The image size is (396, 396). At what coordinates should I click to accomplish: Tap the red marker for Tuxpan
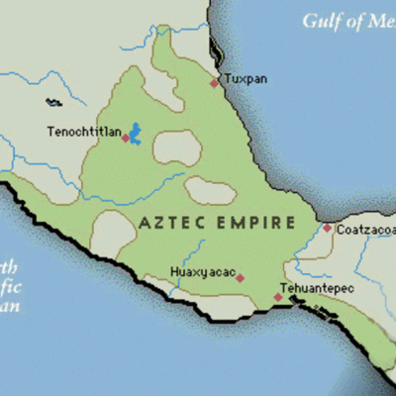(214, 83)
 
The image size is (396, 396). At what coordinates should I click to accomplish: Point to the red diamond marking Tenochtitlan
(125, 138)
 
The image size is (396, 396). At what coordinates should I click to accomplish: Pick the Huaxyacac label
(202, 272)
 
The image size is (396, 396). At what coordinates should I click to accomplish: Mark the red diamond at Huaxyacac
(240, 278)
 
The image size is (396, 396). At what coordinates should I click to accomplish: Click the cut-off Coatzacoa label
(365, 230)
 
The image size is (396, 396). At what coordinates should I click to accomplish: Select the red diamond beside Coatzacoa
(327, 228)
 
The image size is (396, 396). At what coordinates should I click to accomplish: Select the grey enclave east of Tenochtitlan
(177, 148)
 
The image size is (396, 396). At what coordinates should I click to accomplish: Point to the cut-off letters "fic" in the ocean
(9, 287)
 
